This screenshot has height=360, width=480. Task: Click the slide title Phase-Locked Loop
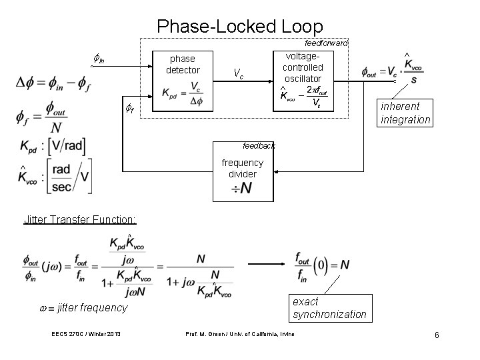[239, 27]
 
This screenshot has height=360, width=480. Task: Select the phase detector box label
[182, 65]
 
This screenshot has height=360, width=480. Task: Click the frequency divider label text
[242, 168]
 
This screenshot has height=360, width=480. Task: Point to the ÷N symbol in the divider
[241, 189]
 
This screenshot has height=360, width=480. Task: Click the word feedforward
[325, 43]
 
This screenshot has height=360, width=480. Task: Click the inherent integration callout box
[405, 113]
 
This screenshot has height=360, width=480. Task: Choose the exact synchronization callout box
[329, 308]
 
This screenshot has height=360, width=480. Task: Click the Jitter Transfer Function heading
[79, 219]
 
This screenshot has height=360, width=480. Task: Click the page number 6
[437, 335]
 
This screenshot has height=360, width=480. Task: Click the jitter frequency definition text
[83, 307]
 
